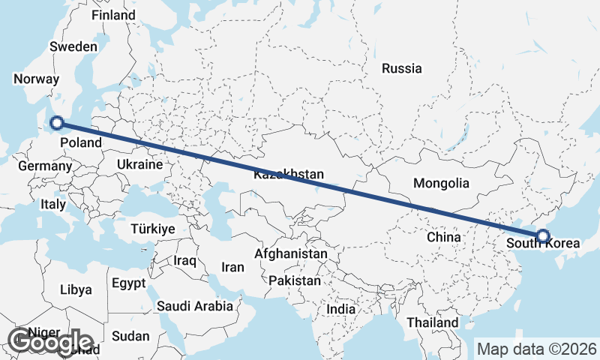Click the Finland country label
tap(112, 16)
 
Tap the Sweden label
tap(73, 46)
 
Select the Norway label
tap(36, 79)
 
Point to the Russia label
tap(401, 68)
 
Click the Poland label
tap(80, 142)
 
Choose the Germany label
tap(43, 166)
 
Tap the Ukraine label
tap(139, 164)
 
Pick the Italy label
tap(53, 203)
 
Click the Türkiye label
tap(152, 229)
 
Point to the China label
tap(443, 237)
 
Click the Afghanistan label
tap(291, 253)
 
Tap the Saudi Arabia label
tap(194, 306)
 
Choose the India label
tap(341, 309)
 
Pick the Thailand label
tap(433, 322)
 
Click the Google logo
tap(50, 342)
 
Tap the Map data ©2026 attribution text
tap(536, 349)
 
